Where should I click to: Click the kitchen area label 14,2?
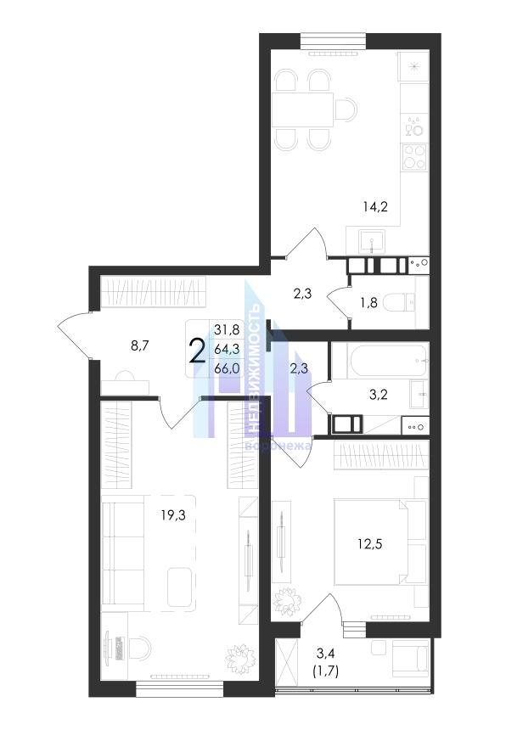(x=375, y=206)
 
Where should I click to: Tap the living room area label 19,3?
(x=173, y=514)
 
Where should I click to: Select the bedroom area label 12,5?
(x=370, y=543)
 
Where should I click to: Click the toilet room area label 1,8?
(x=368, y=305)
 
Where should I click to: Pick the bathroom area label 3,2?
(x=378, y=395)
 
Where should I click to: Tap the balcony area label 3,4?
(x=325, y=654)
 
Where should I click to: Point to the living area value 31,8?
(x=227, y=330)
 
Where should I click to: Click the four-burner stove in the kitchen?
(x=414, y=156)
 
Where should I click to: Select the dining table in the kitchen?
(x=302, y=109)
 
